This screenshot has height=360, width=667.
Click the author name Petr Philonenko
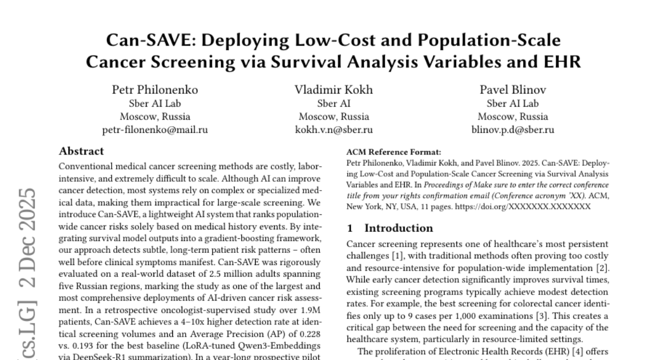pyautogui.click(x=155, y=90)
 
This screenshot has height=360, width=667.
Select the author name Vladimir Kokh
pyautogui.click(x=333, y=90)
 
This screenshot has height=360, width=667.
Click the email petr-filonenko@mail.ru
pyautogui.click(x=155, y=130)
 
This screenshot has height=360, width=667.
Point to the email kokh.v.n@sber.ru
pyautogui.click(x=333, y=130)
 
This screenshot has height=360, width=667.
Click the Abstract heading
pyautogui.click(x=81, y=151)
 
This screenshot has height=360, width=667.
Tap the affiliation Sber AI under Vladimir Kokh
pyautogui.click(x=333, y=103)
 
